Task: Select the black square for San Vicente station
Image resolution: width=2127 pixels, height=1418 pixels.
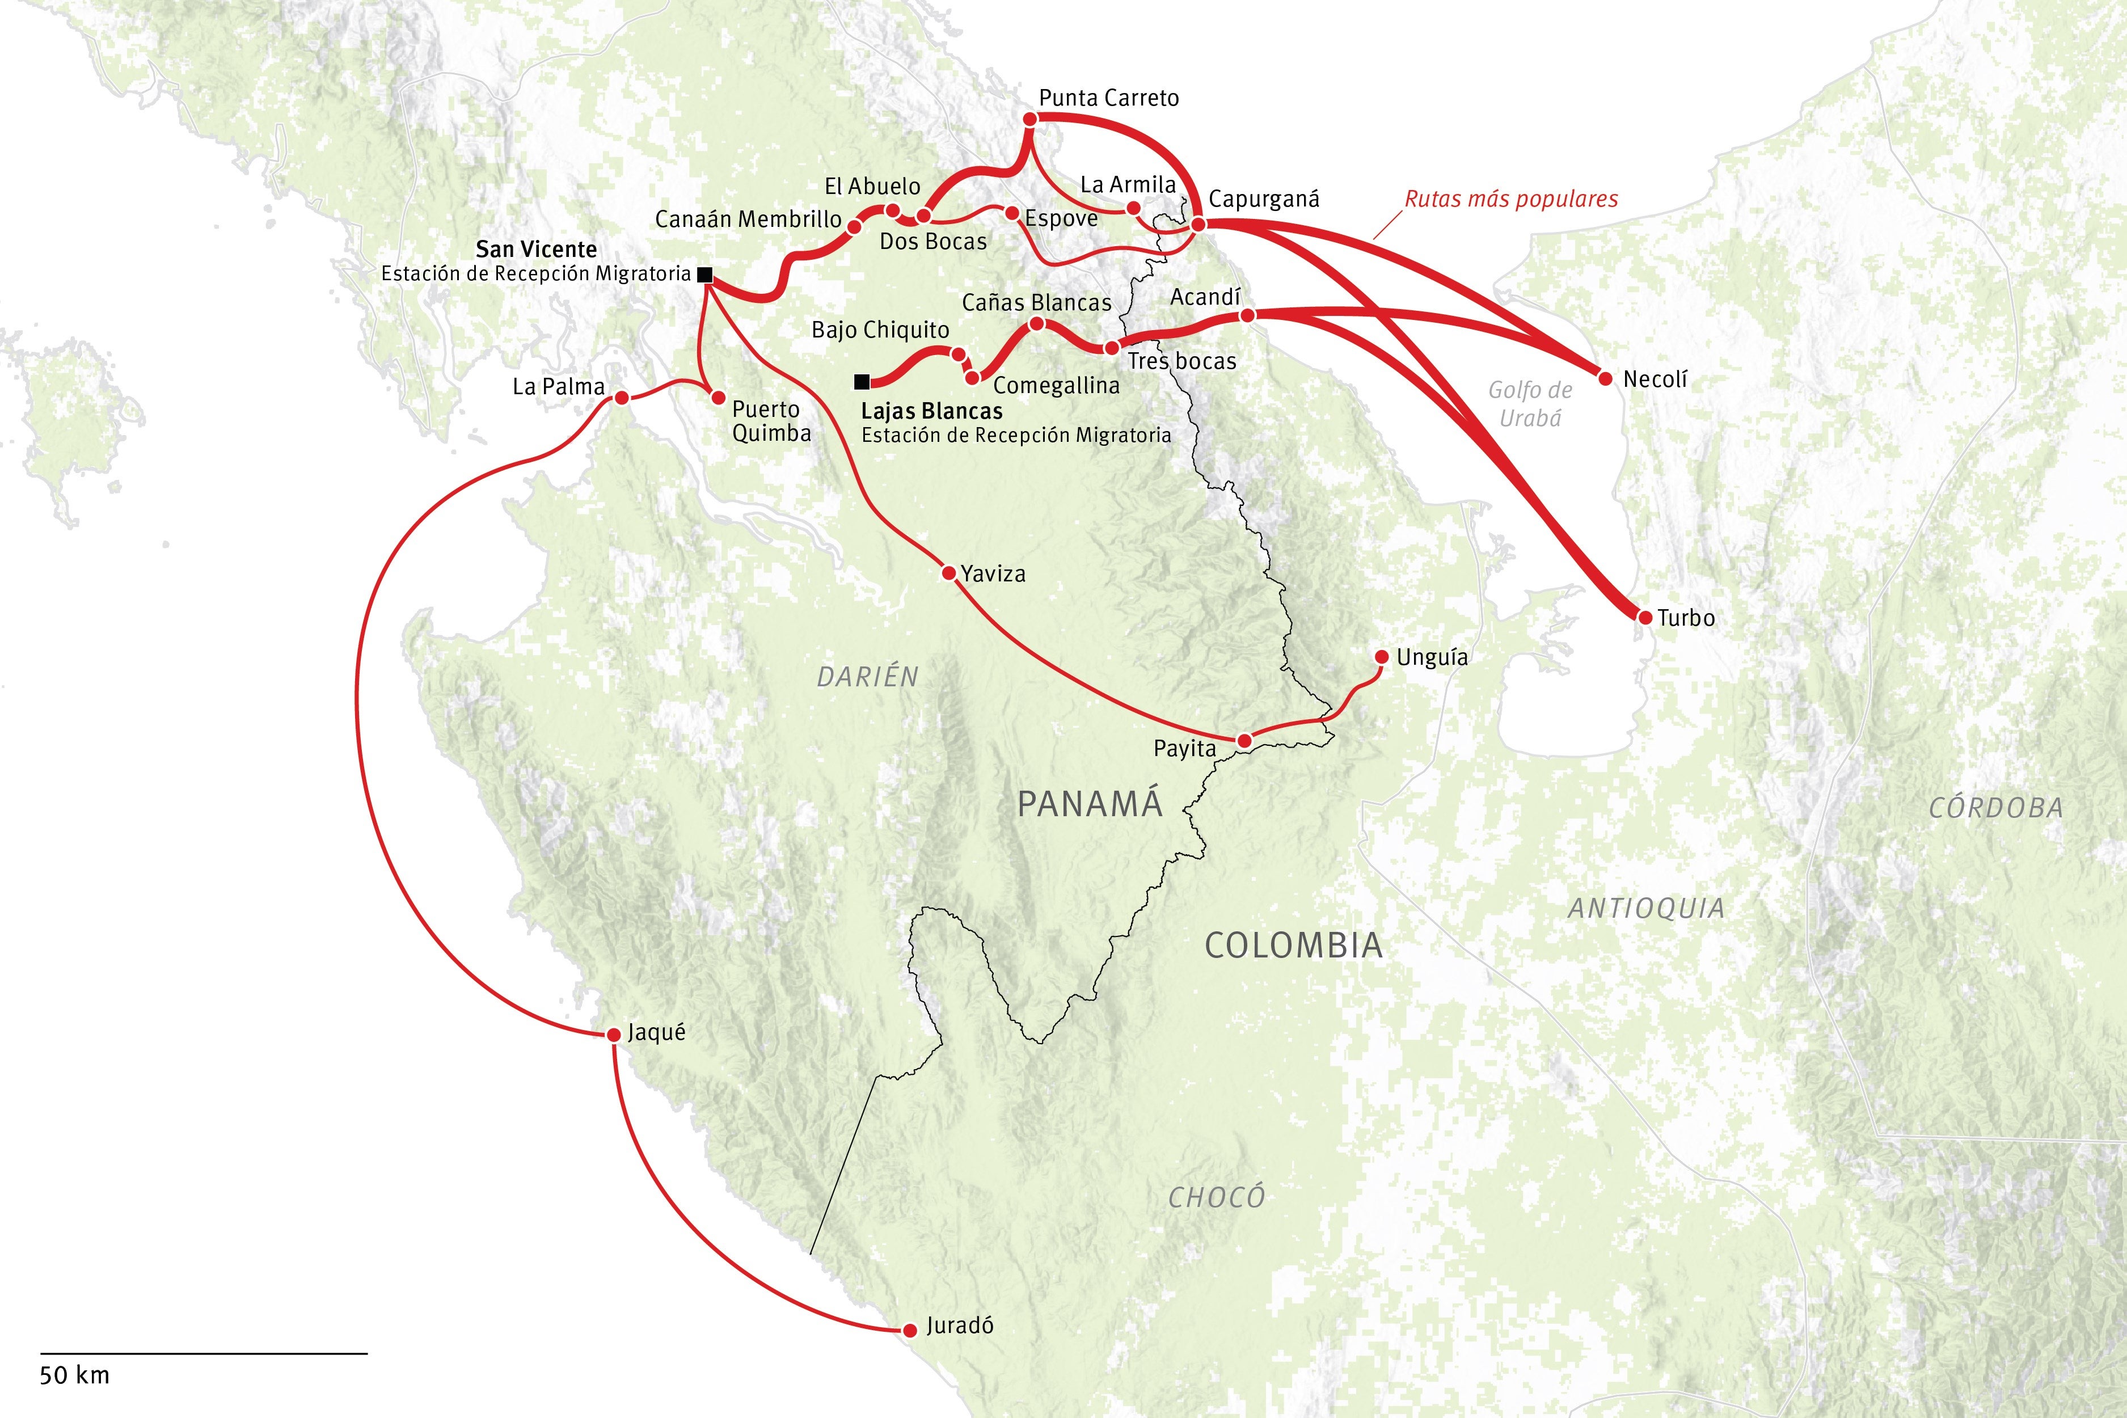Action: pos(704,274)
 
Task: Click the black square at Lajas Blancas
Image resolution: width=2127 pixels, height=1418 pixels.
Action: pos(862,382)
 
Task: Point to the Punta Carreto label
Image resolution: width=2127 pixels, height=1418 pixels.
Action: pos(1109,98)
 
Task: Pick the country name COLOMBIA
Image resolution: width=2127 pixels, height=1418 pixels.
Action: pos(1293,946)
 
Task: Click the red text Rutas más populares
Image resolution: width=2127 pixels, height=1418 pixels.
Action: pos(1510,199)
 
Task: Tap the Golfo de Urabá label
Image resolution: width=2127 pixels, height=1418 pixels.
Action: pos(1530,403)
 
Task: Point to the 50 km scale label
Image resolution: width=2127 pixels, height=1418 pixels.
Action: pos(74,1375)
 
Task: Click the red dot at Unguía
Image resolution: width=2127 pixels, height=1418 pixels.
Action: pos(1381,657)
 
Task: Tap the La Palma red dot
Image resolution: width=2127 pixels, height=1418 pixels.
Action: pos(621,398)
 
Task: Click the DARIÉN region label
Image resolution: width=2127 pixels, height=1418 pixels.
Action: pos(867,677)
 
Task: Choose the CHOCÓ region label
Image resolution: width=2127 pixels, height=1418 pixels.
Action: pos(1216,1197)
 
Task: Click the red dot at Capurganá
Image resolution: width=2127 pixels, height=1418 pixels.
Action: pos(1197,224)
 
